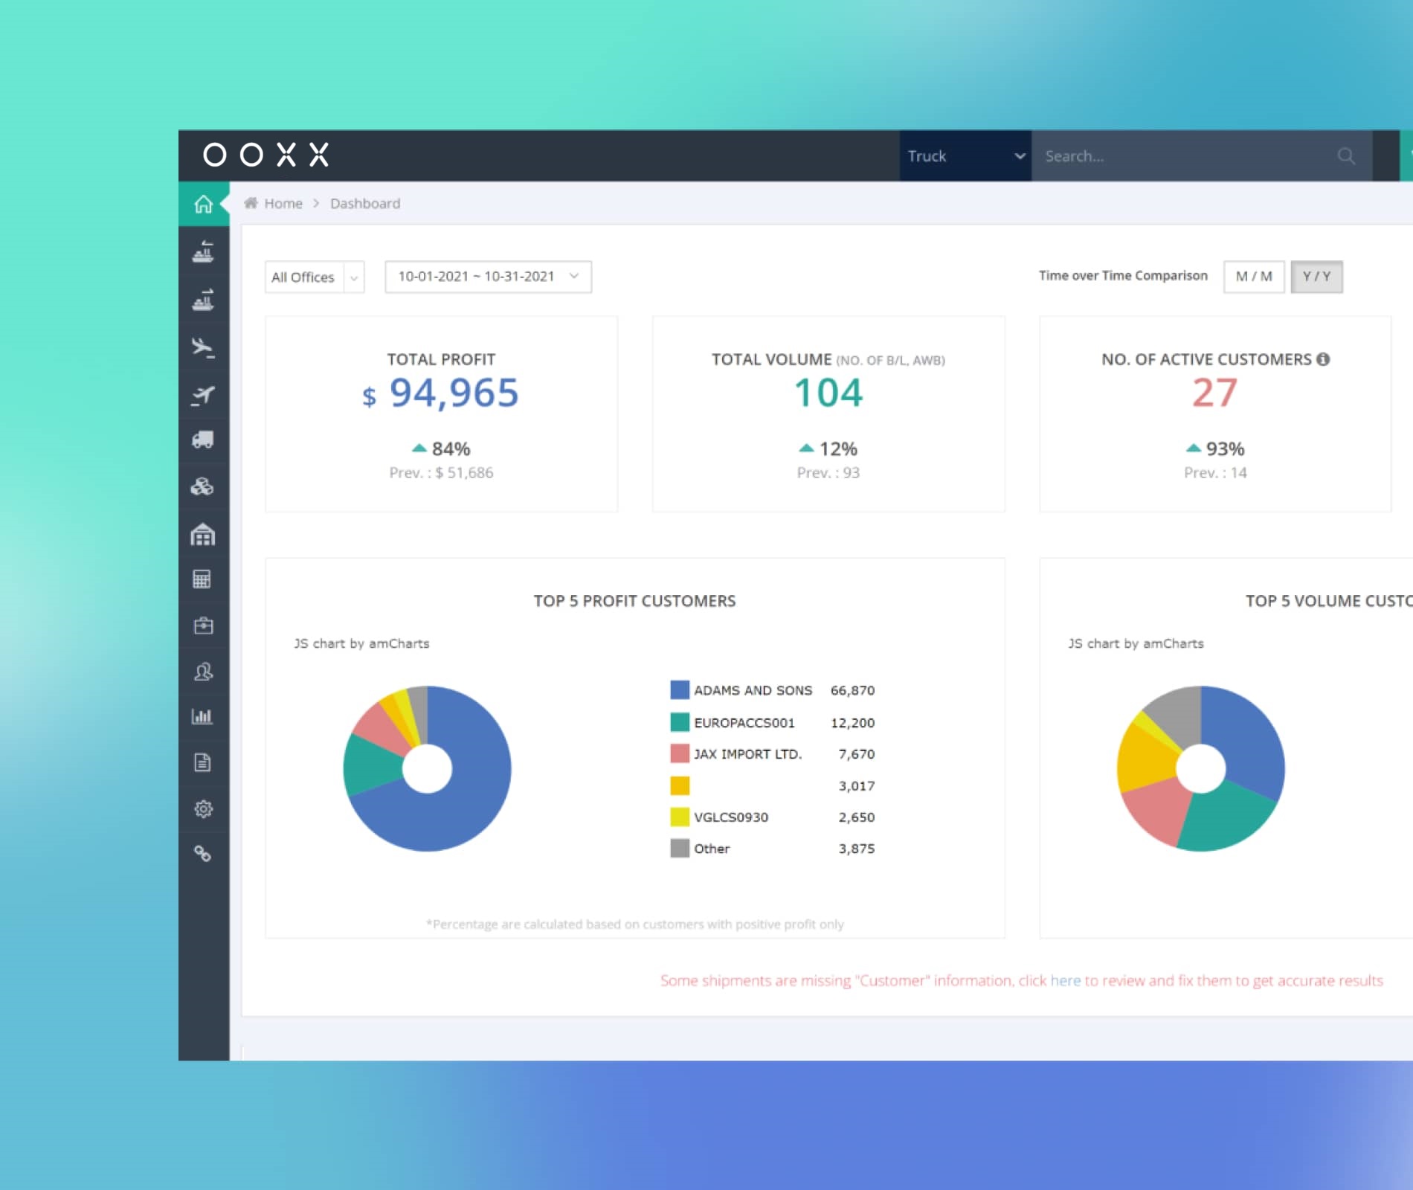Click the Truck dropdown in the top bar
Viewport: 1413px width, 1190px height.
pos(965,156)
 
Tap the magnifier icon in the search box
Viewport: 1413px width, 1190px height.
pos(1346,156)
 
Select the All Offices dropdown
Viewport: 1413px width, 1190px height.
pos(315,277)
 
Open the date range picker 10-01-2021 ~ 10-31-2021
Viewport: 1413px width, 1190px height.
pos(488,277)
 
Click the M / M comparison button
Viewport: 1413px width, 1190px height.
pos(1254,277)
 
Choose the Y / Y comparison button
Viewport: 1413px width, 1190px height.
pos(1316,277)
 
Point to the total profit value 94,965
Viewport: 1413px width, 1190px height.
pos(454,393)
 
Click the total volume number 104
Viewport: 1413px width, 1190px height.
pos(828,393)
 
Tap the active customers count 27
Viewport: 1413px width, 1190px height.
pos(1215,393)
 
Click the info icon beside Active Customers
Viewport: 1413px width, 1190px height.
pos(1323,359)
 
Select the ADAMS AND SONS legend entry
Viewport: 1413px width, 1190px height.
pos(753,690)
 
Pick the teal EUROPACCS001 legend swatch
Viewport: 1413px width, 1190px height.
pos(680,722)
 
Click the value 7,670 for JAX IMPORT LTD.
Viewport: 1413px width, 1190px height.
pos(857,754)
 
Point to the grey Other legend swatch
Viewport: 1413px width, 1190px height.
pos(680,849)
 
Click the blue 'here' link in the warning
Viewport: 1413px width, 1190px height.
pos(1065,980)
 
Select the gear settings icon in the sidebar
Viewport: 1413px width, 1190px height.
pos(203,808)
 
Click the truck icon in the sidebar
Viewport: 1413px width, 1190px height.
pos(203,440)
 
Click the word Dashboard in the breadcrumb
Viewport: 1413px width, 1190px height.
pos(365,204)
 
